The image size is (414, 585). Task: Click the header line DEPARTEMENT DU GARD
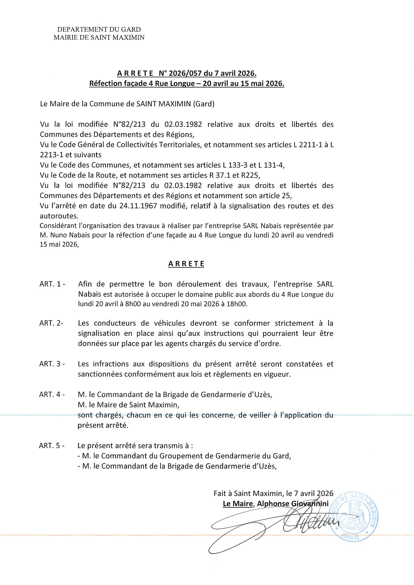(99, 30)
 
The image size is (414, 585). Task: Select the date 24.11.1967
(138, 206)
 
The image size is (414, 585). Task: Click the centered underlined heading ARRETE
(186, 264)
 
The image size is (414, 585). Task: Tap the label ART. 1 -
(52, 284)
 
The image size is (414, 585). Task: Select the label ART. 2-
(51, 323)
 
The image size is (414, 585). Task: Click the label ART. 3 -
(52, 364)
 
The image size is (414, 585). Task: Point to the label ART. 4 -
(52, 394)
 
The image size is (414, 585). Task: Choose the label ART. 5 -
(52, 446)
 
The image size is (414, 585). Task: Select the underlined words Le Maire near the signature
(238, 504)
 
